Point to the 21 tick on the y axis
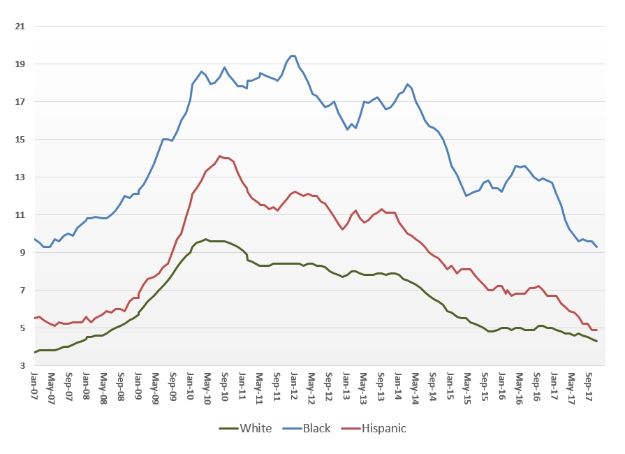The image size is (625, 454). coord(20,26)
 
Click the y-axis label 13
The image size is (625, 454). coord(20,177)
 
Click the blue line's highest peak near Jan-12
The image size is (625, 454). coord(293,56)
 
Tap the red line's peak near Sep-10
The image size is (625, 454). coord(220,156)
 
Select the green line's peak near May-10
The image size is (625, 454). coord(205,239)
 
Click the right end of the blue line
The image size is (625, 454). coord(596,247)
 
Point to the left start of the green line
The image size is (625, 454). coord(34,352)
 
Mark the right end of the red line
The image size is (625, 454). coord(596,330)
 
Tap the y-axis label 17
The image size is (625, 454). coord(20,101)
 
